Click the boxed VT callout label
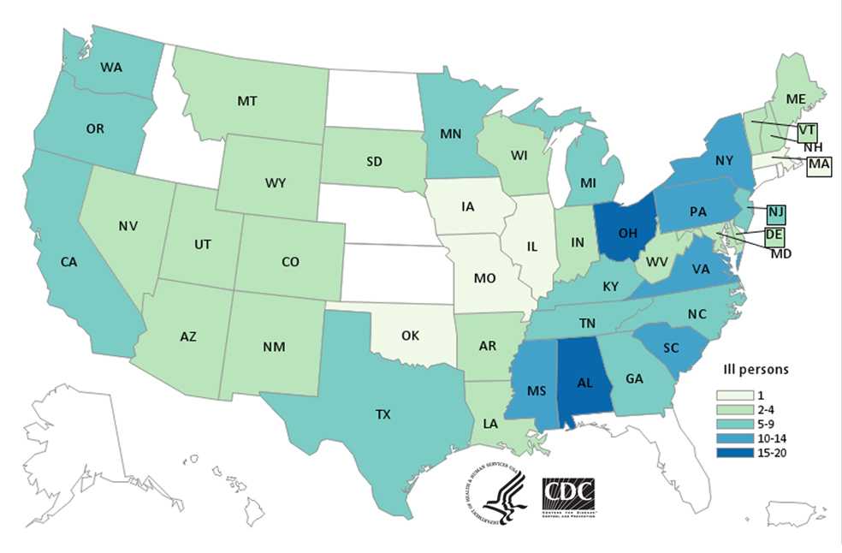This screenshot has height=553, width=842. [807, 132]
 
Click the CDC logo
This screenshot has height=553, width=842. [568, 494]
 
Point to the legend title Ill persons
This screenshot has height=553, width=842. [753, 371]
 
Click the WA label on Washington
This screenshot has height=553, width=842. [110, 66]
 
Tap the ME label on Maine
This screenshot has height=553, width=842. [796, 99]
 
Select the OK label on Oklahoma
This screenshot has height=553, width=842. [410, 336]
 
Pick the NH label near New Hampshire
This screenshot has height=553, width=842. [813, 147]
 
